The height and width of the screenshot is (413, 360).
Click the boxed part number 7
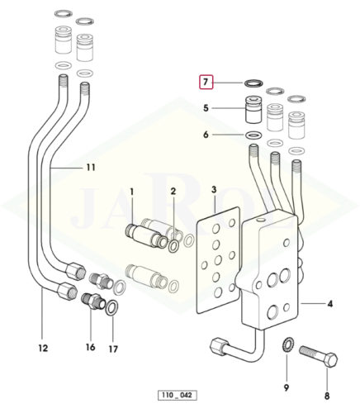click(x=206, y=82)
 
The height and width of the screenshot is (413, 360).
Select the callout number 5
click(x=206, y=108)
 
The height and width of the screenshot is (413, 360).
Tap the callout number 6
click(x=206, y=135)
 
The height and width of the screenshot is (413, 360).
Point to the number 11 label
click(x=91, y=168)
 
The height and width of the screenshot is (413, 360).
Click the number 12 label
click(x=43, y=349)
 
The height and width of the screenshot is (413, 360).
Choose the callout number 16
click(x=90, y=348)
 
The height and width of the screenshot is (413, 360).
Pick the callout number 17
click(x=113, y=349)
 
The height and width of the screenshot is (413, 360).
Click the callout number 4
click(x=329, y=304)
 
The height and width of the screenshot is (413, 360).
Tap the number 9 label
click(x=287, y=388)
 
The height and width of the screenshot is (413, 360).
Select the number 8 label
click(x=327, y=396)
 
